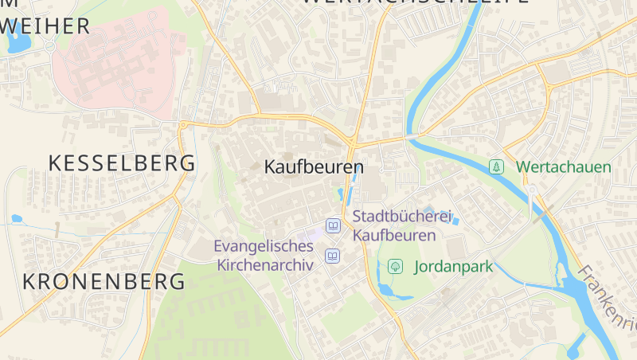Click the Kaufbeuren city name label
pyautogui.click(x=313, y=168)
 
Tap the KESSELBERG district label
pyautogui.click(x=122, y=163)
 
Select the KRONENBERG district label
pyautogui.click(x=104, y=281)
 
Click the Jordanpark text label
pyautogui.click(x=454, y=267)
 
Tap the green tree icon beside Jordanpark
pyautogui.click(x=394, y=267)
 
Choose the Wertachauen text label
pyautogui.click(x=563, y=167)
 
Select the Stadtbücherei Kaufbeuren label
pyautogui.click(x=401, y=225)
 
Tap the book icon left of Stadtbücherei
pyautogui.click(x=333, y=227)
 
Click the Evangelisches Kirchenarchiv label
pyautogui.click(x=264, y=256)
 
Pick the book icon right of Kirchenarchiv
pyautogui.click(x=332, y=256)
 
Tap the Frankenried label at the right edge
pyautogui.click(x=609, y=299)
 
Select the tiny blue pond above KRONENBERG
pyautogui.click(x=17, y=218)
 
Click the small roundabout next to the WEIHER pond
pyautogui.click(x=49, y=46)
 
